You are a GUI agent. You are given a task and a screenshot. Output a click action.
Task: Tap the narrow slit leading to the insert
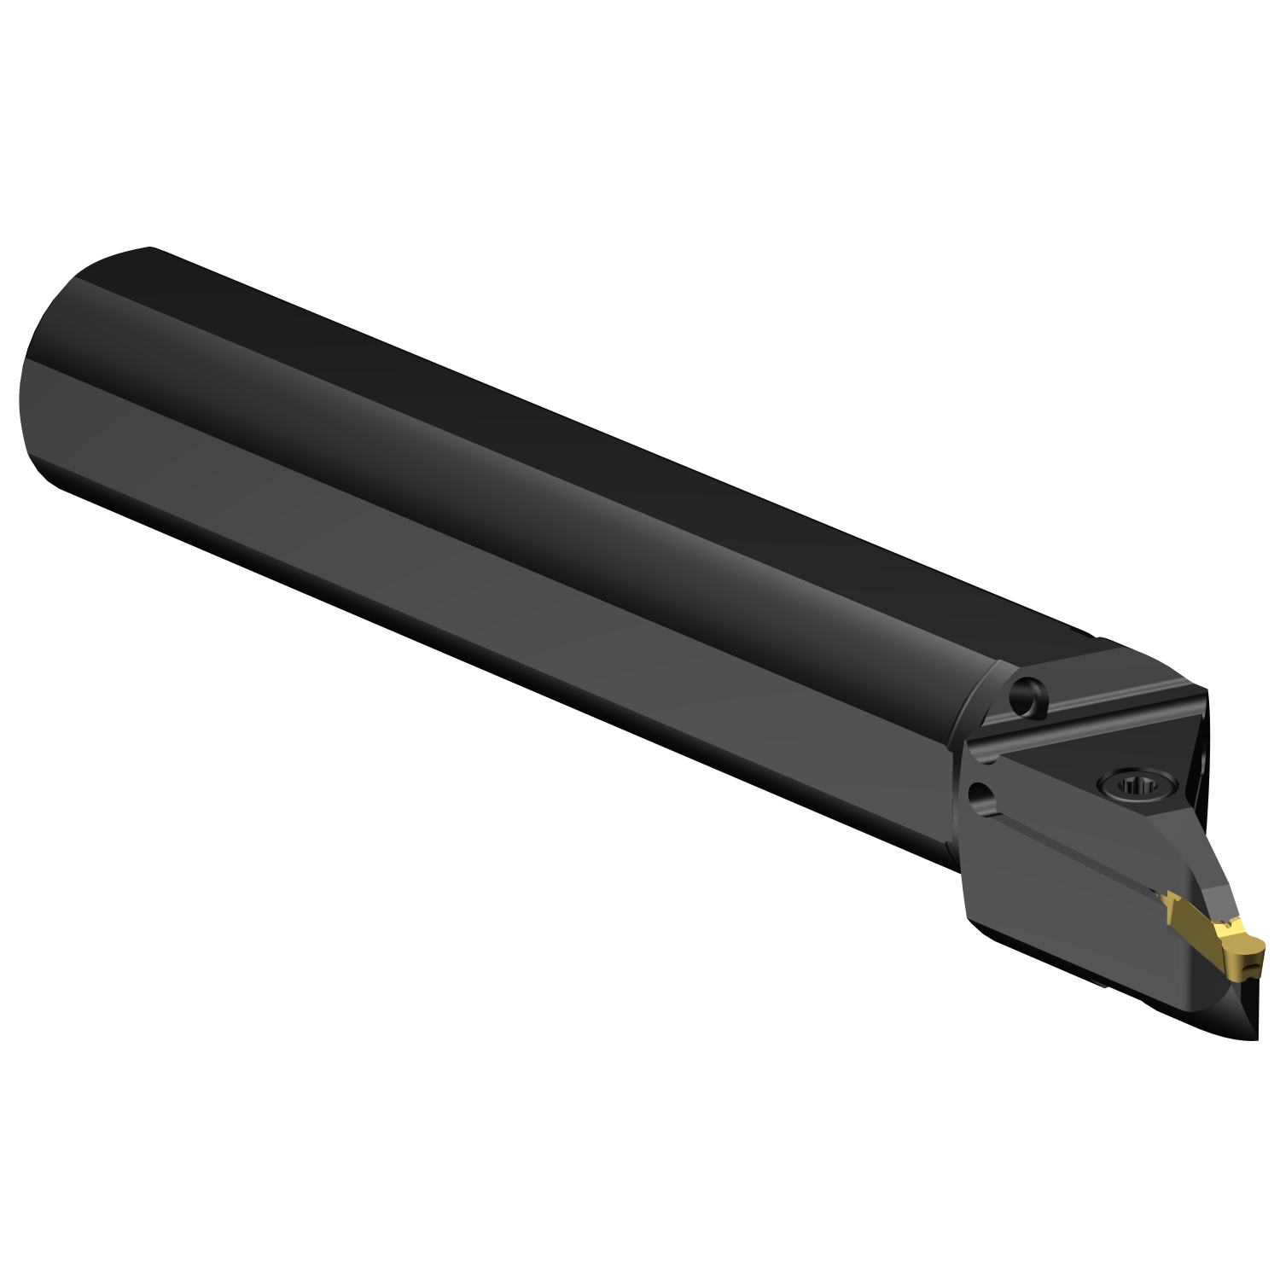(1075, 853)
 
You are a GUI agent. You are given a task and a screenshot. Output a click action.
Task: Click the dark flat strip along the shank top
(597, 427)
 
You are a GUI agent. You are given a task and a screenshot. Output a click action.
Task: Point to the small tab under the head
(1101, 983)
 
